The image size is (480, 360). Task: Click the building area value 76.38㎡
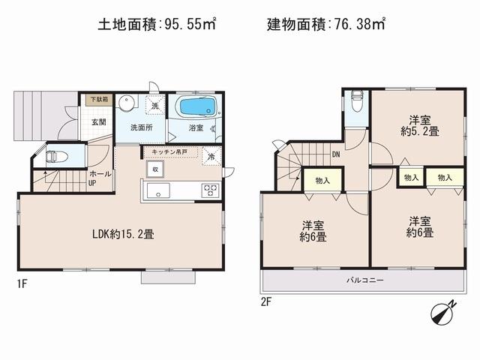[359, 25]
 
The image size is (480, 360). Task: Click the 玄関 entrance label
[99, 121]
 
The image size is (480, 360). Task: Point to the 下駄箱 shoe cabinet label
[99, 99]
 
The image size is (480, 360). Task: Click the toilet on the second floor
[356, 100]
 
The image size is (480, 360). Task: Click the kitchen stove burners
[209, 190]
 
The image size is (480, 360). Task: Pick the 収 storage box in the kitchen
[156, 169]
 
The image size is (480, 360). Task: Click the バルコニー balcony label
[365, 280]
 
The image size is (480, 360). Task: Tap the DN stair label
[334, 156]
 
